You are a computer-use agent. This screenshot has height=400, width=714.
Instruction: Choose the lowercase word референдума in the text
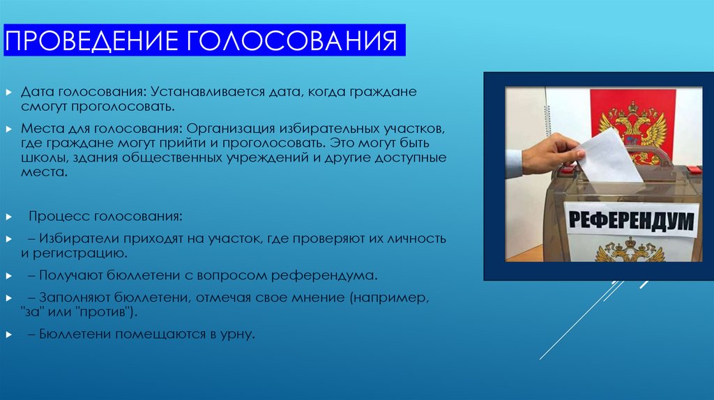point(328,274)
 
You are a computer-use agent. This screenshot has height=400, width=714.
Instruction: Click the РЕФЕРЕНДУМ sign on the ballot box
point(632,221)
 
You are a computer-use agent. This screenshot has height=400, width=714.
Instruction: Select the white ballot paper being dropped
point(609,154)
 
